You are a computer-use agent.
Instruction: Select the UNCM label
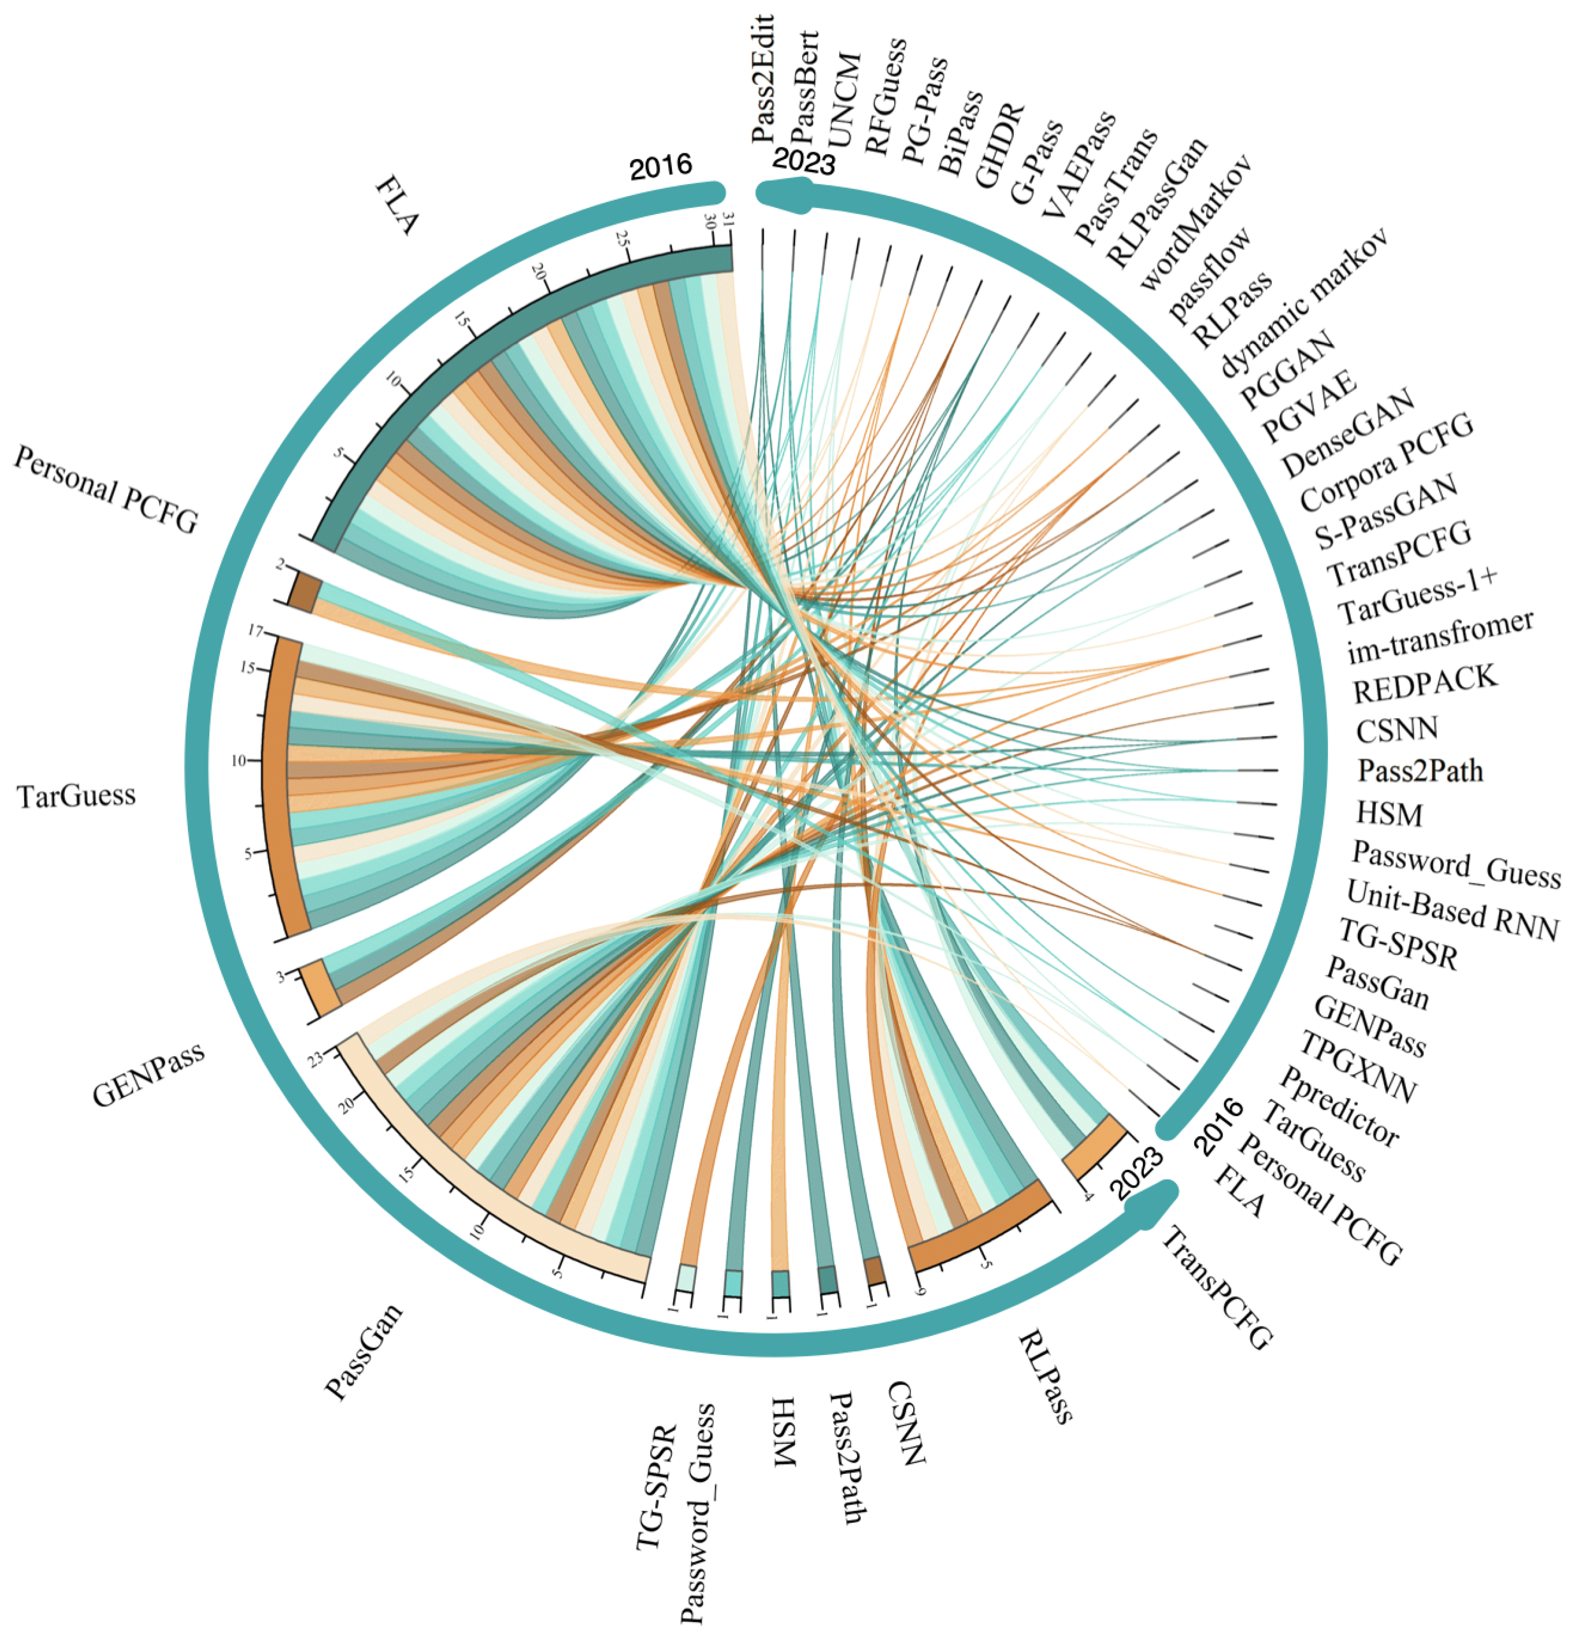click(x=844, y=100)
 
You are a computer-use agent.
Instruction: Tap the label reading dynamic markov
click(x=1302, y=300)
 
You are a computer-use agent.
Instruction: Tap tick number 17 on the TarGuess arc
click(x=255, y=631)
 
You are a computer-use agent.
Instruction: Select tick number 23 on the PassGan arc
click(x=315, y=1060)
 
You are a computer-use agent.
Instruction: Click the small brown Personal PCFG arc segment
click(x=302, y=591)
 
